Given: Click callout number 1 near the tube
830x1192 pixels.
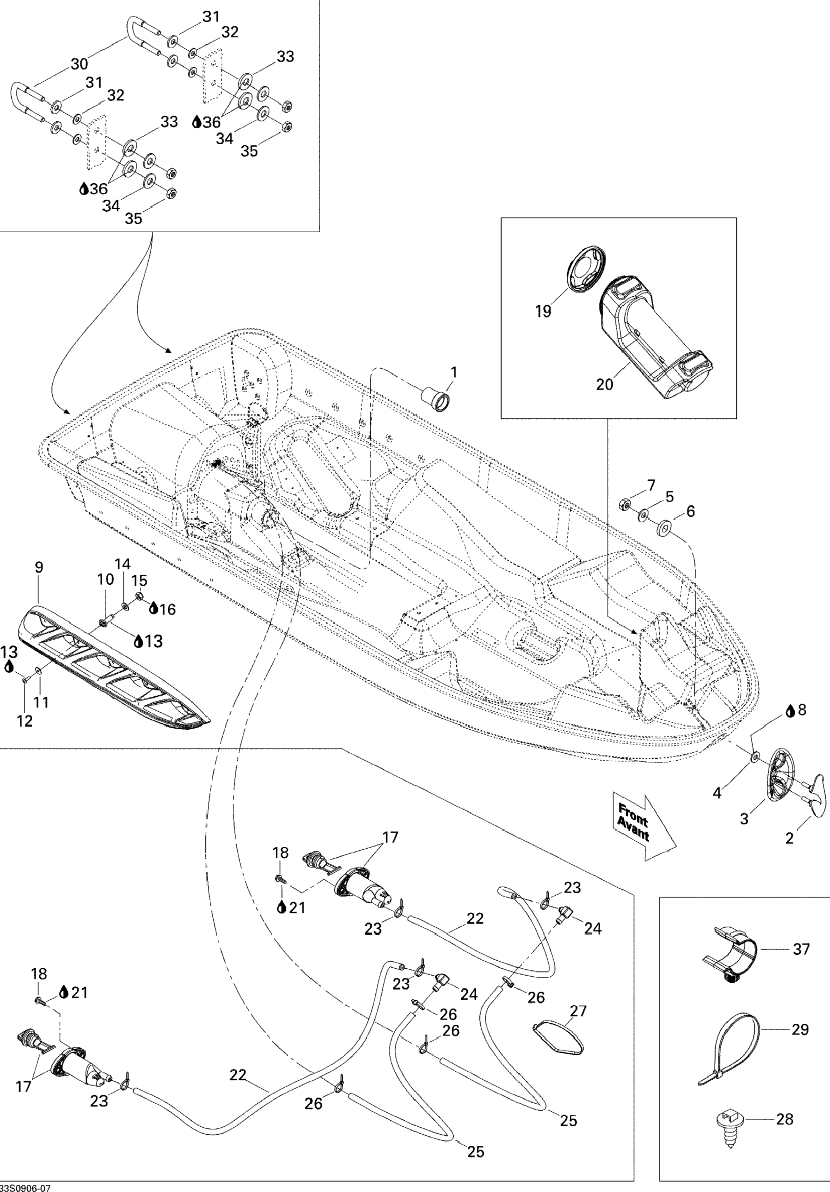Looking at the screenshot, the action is point(454,372).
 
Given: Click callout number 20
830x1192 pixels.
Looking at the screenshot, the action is point(605,384).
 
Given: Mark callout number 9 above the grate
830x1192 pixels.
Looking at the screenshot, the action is point(39,567).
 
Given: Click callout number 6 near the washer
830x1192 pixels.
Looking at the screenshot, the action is point(690,511).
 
